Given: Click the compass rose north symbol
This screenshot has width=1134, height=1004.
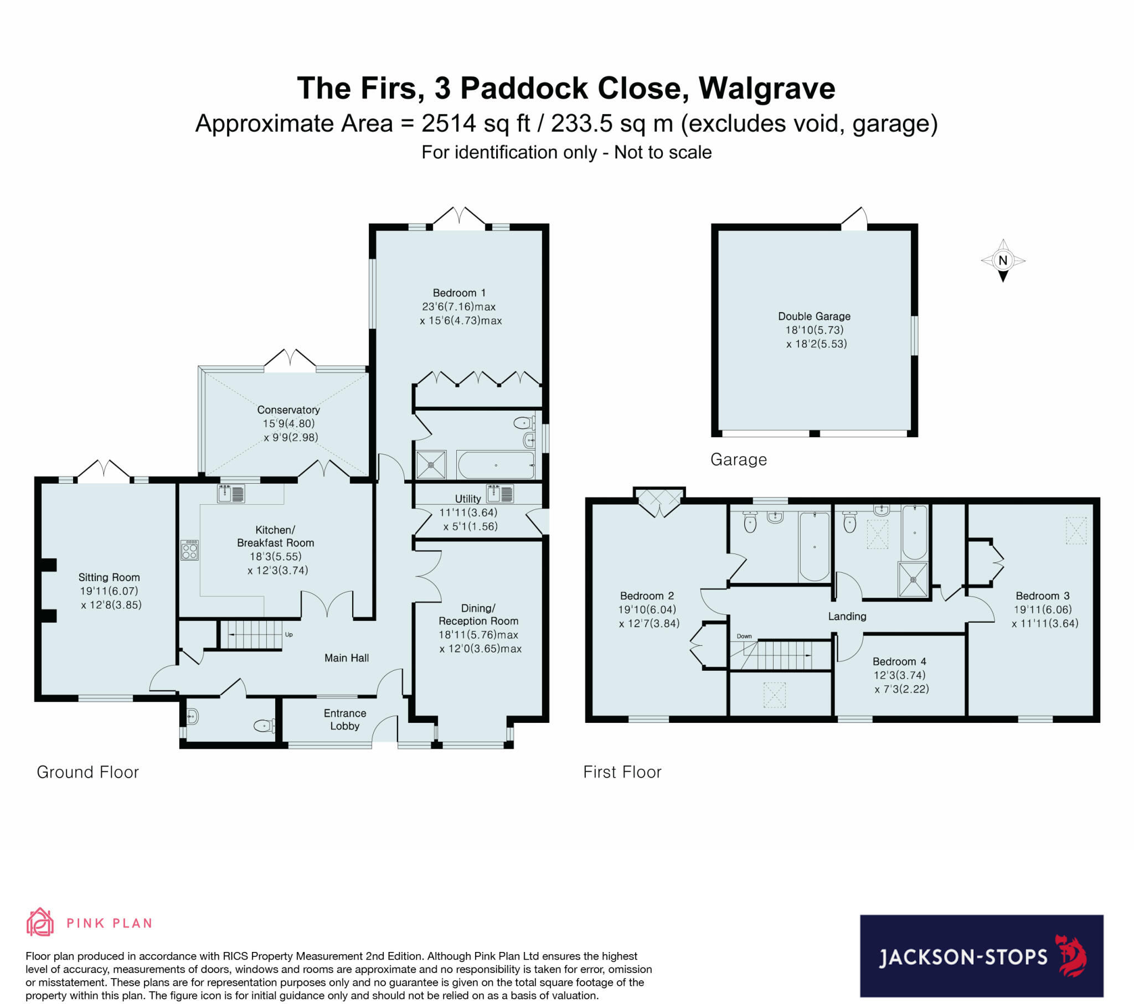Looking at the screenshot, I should [1003, 260].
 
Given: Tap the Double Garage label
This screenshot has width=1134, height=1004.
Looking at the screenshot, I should [814, 316].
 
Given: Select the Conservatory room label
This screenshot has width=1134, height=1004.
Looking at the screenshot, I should [288, 410].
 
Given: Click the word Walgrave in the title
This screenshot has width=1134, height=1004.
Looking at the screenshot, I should [767, 88].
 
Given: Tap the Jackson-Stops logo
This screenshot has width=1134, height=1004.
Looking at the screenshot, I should [981, 956].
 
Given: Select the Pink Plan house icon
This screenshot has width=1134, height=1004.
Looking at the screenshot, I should [40, 923].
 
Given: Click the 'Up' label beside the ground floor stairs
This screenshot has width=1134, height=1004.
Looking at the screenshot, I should [288, 635].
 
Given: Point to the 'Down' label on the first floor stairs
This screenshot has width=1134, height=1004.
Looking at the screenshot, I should [744, 636].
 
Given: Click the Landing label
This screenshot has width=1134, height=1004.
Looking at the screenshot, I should [847, 616].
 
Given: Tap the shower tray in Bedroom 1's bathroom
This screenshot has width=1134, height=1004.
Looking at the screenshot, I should [431, 464].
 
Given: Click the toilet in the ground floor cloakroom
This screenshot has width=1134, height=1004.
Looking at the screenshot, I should [265, 725].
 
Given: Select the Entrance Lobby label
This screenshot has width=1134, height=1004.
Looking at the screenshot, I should [344, 720].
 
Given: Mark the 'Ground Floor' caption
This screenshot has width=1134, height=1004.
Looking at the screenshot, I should [87, 772].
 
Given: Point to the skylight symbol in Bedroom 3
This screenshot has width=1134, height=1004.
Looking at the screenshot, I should [1076, 531].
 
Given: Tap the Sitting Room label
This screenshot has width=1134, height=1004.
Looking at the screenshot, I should [109, 577].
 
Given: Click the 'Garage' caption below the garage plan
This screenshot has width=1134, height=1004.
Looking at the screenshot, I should [739, 459].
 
